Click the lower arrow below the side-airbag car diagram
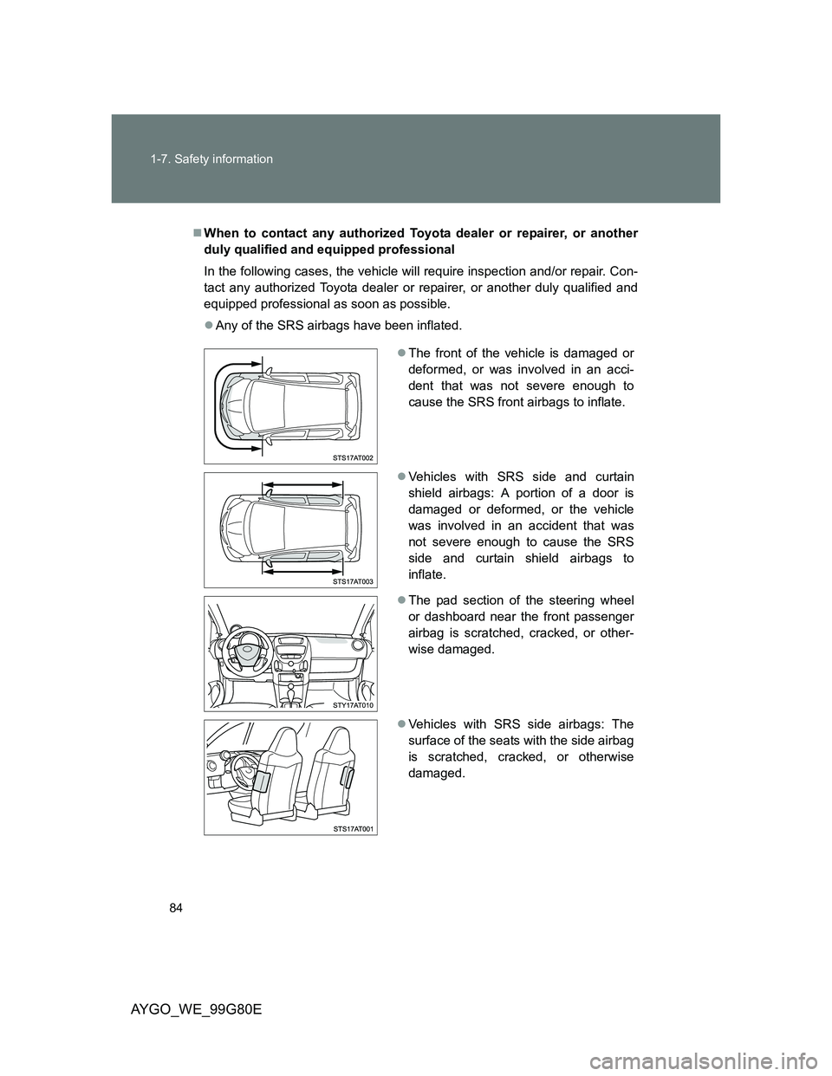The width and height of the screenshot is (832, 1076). click(x=305, y=571)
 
